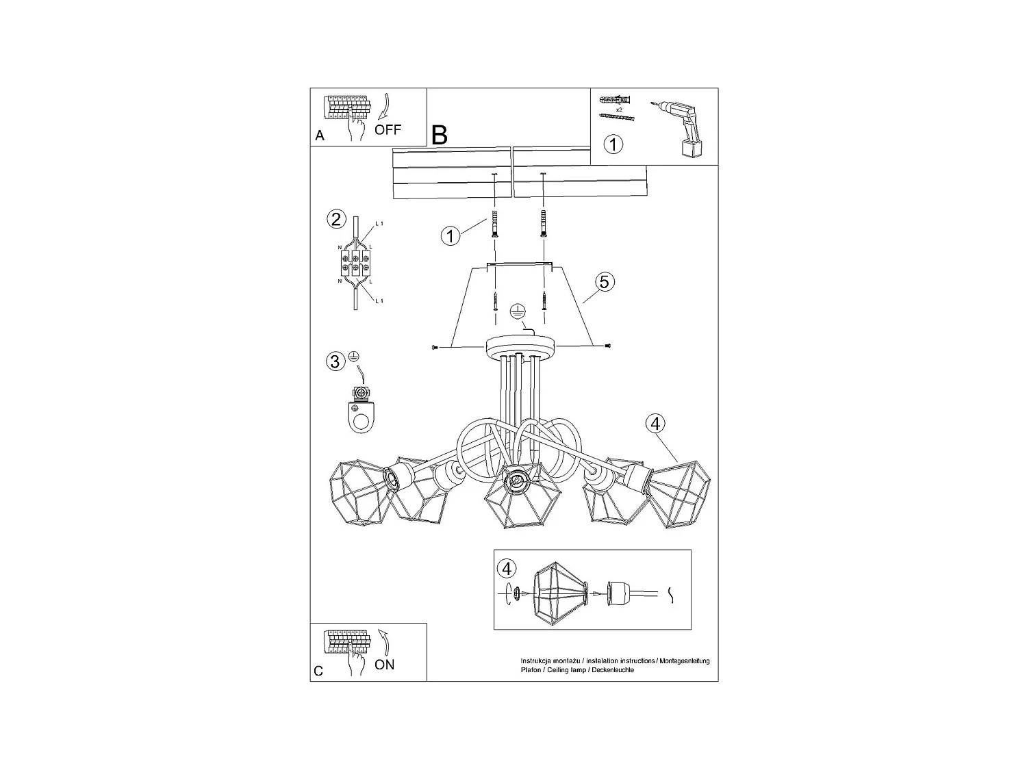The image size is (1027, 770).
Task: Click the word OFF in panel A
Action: (388, 129)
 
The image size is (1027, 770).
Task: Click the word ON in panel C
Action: (385, 665)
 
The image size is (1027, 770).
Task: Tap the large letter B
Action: (440, 135)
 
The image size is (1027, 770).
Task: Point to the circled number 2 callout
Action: (335, 219)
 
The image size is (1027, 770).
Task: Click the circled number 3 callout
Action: (335, 361)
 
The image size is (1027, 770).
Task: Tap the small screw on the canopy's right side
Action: (607, 346)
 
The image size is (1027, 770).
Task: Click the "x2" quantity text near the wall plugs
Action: (618, 110)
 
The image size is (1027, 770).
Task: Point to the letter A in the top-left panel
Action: (320, 136)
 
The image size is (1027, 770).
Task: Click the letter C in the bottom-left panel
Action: (318, 671)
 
